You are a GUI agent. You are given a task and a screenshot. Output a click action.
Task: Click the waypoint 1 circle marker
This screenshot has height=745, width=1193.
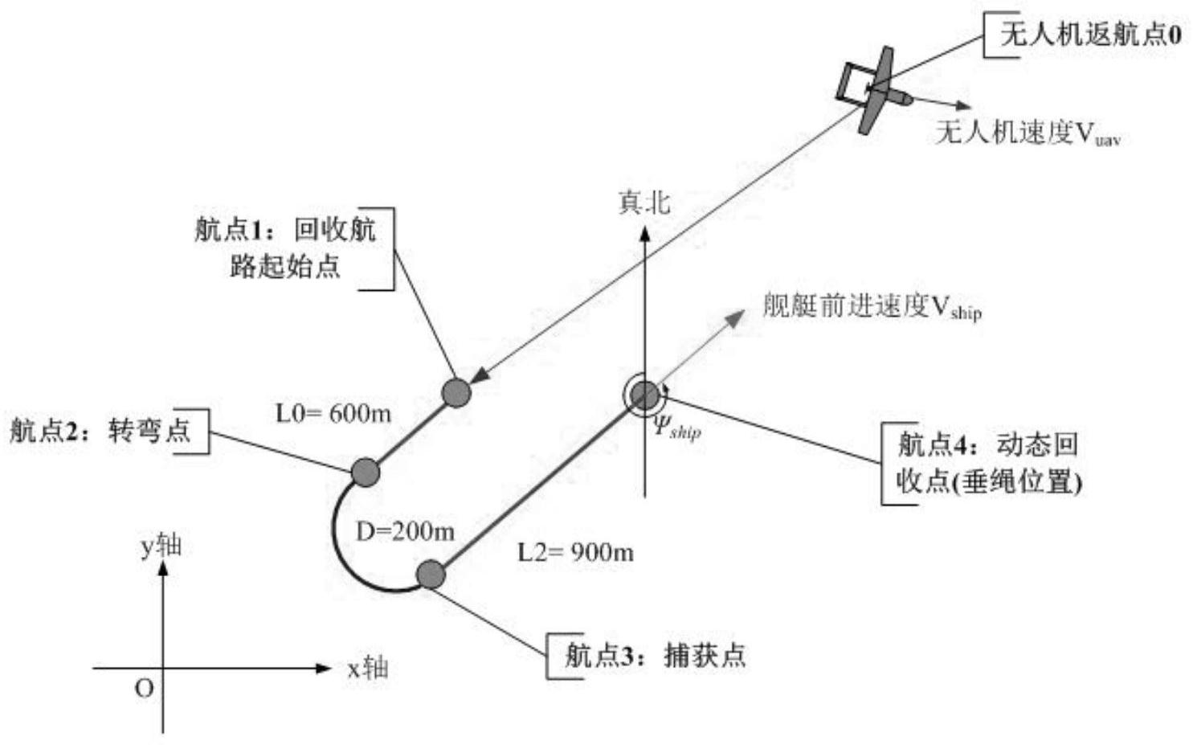456,392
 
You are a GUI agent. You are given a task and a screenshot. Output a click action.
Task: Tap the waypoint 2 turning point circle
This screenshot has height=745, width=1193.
366,473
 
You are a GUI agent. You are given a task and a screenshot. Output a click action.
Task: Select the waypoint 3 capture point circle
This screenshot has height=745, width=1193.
431,575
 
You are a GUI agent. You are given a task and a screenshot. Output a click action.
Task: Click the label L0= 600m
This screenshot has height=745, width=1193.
333,413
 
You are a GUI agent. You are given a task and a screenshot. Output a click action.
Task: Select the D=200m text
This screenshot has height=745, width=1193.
405,531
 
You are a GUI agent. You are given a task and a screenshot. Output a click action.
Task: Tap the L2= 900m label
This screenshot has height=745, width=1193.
575,552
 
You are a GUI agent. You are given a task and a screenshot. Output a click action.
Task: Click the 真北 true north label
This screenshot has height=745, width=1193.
643,202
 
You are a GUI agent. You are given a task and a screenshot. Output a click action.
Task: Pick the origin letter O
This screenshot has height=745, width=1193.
144,689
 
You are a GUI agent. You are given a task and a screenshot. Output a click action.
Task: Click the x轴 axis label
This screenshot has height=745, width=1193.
368,668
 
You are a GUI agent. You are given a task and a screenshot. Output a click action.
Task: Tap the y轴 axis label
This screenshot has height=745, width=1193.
161,546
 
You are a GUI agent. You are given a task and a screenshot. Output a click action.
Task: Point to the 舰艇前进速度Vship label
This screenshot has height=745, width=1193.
872,306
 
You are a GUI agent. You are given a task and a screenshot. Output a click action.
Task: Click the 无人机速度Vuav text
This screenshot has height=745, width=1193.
1027,133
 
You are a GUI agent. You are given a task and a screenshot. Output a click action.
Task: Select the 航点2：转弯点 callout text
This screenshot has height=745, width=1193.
100,431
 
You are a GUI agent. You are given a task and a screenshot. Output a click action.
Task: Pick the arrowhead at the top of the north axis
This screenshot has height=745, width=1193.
644,233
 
